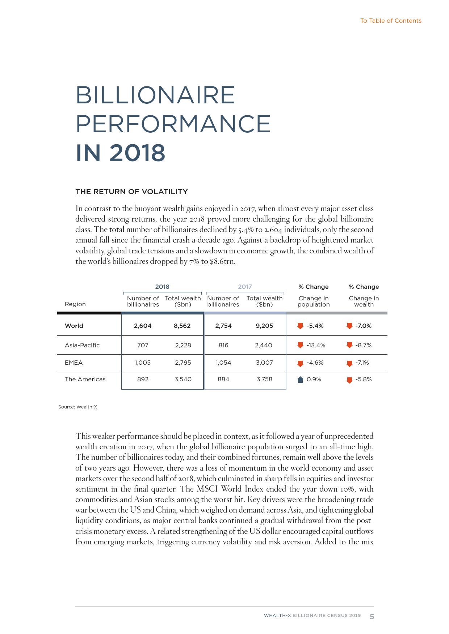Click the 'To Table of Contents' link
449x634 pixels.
pyautogui.click(x=391, y=21)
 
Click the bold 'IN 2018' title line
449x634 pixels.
pyautogui.click(x=121, y=153)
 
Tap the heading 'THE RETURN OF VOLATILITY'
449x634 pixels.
pyautogui.click(x=131, y=192)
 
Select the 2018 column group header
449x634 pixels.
pyautogui.click(x=162, y=287)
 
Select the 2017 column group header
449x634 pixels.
pyautogui.click(x=245, y=287)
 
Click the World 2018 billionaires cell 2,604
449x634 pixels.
pyautogui.click(x=143, y=326)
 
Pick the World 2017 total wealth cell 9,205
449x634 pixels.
pyautogui.click(x=264, y=326)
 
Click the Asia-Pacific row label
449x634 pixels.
pyautogui.click(x=82, y=345)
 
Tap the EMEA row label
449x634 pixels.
pyautogui.click(x=74, y=363)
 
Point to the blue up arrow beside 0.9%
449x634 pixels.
pyautogui.click(x=300, y=380)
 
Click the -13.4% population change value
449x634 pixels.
pyautogui.click(x=316, y=345)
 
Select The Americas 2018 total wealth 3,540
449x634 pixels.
pyautogui.click(x=183, y=379)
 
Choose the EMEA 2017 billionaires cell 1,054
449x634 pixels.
pyautogui.click(x=223, y=363)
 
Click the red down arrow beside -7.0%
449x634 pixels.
pyautogui.click(x=349, y=326)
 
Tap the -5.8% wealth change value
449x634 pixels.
pyautogui.click(x=363, y=379)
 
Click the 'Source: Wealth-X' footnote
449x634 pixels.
pyautogui.click(x=77, y=407)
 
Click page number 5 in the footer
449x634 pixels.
pyautogui.click(x=372, y=617)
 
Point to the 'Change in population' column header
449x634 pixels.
pyautogui.click(x=314, y=301)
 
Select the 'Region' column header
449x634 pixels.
pyautogui.click(x=75, y=304)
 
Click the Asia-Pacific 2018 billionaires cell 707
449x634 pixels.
pyautogui.click(x=143, y=345)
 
